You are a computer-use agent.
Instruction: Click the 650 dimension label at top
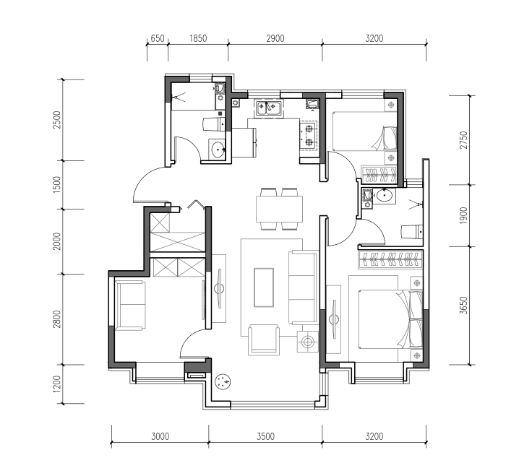click(x=158, y=38)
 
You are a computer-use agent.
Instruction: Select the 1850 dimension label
click(x=198, y=38)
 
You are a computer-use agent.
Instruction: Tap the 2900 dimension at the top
click(x=275, y=38)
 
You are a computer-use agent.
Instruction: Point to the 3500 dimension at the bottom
click(x=265, y=436)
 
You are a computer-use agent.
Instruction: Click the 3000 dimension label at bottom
click(x=160, y=436)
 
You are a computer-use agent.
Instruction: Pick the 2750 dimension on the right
click(x=464, y=140)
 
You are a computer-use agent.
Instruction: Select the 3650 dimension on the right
click(x=464, y=306)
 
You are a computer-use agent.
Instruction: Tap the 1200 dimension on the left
click(x=57, y=384)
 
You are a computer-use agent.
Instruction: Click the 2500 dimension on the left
click(x=57, y=120)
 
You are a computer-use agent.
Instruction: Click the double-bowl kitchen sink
click(x=269, y=108)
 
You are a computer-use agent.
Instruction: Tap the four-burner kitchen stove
click(x=309, y=135)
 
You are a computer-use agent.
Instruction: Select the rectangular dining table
click(x=279, y=209)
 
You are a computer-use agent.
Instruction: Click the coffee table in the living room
click(x=264, y=288)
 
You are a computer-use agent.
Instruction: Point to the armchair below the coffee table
click(x=264, y=340)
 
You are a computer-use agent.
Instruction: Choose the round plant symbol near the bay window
click(x=223, y=382)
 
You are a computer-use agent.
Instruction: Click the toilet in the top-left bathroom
click(x=213, y=124)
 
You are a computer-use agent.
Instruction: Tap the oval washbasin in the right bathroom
click(x=384, y=196)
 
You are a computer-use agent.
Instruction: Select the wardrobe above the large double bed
click(x=390, y=259)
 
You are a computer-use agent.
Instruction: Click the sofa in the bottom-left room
click(x=130, y=306)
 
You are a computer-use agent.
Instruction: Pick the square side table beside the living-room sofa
click(x=308, y=342)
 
